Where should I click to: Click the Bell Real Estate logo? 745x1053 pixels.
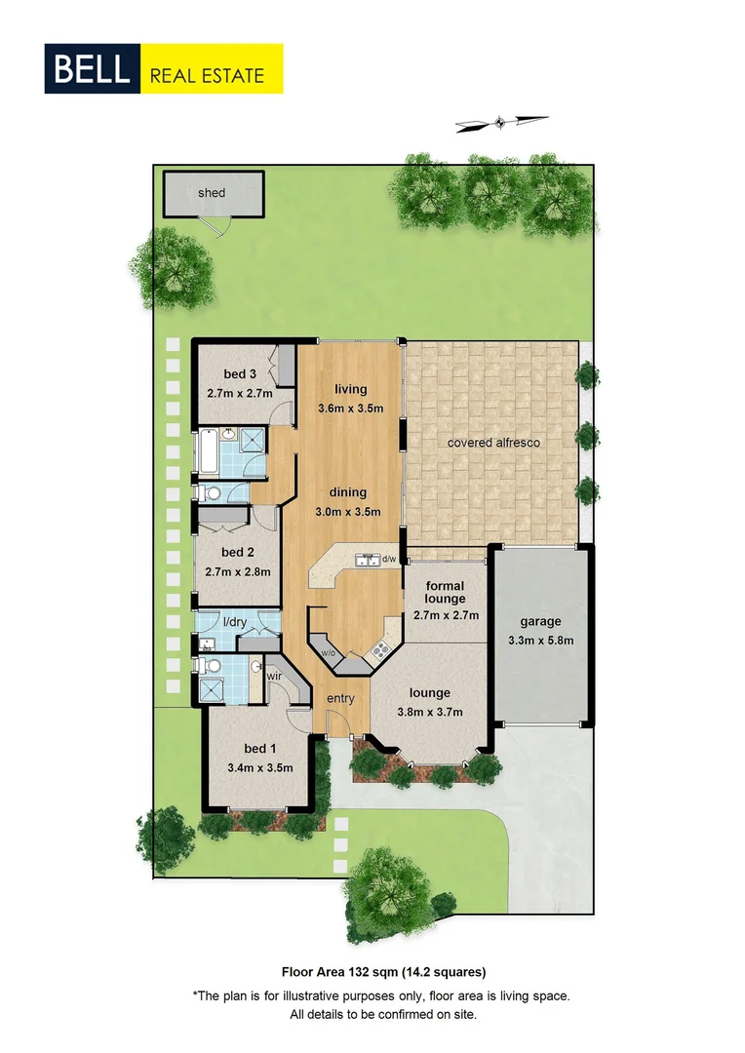point(164,68)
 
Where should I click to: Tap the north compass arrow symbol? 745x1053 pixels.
point(501,122)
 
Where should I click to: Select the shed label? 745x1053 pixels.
point(212,192)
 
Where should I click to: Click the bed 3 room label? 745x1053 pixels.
point(240,374)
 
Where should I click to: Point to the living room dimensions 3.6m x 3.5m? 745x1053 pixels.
point(351,408)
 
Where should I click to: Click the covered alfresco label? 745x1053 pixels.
point(493,442)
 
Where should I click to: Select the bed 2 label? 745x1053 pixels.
point(238,552)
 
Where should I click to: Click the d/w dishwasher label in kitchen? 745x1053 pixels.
point(388,560)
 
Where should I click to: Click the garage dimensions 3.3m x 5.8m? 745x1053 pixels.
point(540,641)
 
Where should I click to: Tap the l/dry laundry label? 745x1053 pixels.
point(234,621)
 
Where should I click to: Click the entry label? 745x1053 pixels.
point(340,698)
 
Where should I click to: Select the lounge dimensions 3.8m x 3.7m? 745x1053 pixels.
point(430,712)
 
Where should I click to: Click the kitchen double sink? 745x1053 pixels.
point(368,560)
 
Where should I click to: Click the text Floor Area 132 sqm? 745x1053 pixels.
point(336,971)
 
